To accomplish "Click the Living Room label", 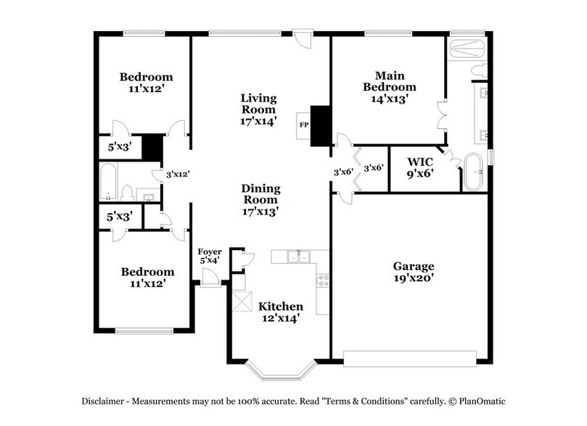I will coord(259,109).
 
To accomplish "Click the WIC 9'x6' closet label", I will coord(421,167).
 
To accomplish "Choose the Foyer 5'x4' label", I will coord(209,255).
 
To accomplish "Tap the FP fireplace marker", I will coord(303,125).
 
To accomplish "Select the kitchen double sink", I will coord(297,256).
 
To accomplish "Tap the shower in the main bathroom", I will coord(466,49).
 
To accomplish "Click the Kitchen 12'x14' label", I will coord(281,312).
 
